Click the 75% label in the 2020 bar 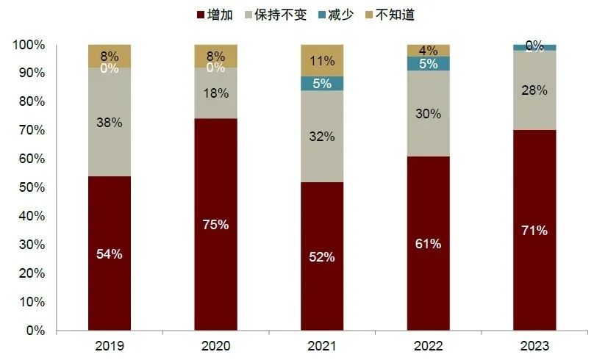point(216,225)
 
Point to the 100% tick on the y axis point(29,46)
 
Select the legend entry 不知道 point(401,15)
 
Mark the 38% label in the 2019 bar point(110,123)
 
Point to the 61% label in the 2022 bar point(429,243)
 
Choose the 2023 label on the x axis point(534,345)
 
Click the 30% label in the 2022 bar point(429,114)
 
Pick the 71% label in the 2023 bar point(534,231)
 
